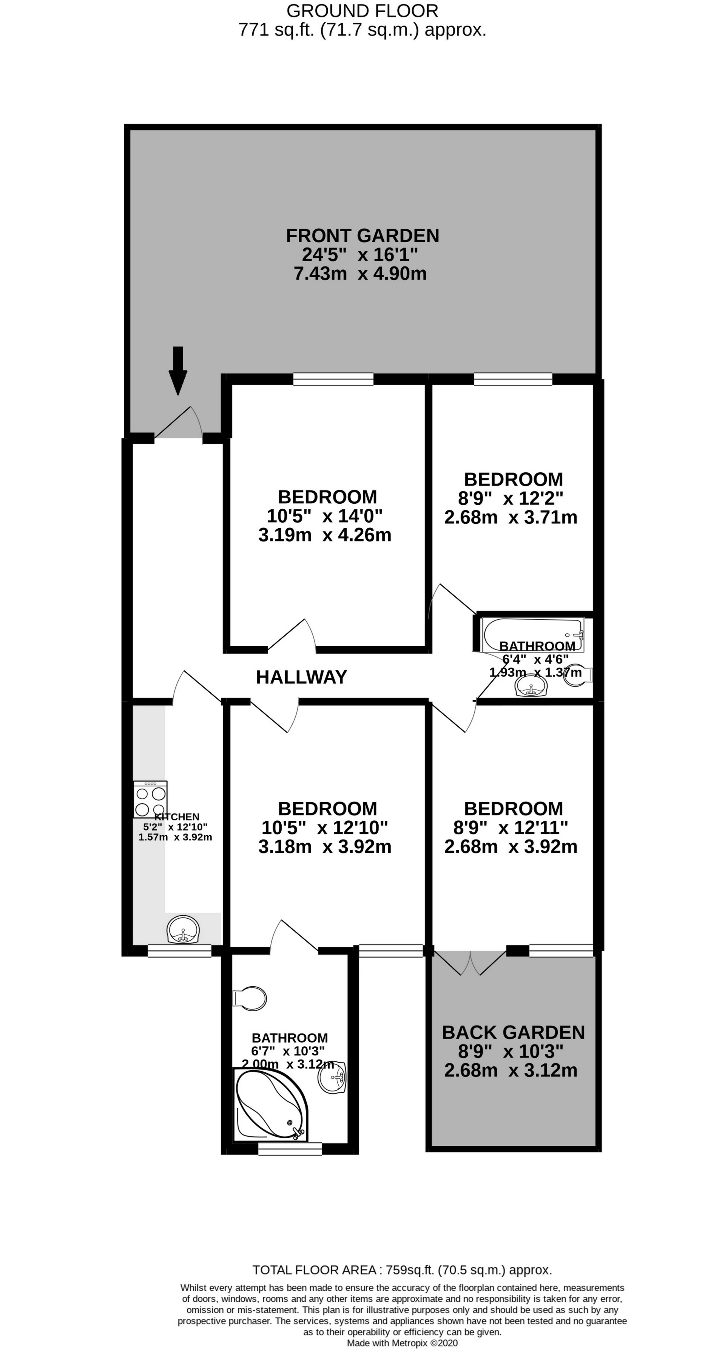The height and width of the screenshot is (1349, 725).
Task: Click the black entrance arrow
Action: point(177,370)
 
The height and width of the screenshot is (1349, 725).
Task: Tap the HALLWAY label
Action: point(301,677)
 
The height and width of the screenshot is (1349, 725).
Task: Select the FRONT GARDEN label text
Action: point(362,236)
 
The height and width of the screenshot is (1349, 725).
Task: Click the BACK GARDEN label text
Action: point(514,1032)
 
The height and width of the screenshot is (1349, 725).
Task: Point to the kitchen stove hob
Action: point(151,800)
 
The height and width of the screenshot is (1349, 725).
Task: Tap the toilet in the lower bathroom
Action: point(249,998)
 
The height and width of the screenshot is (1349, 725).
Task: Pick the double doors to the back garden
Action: point(470,962)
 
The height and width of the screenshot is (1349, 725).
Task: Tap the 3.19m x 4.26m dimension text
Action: point(324,535)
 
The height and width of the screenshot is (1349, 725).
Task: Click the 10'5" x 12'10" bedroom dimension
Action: point(324,828)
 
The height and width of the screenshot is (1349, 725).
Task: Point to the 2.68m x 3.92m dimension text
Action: point(511,846)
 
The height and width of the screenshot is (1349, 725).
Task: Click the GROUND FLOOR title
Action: point(362,11)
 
